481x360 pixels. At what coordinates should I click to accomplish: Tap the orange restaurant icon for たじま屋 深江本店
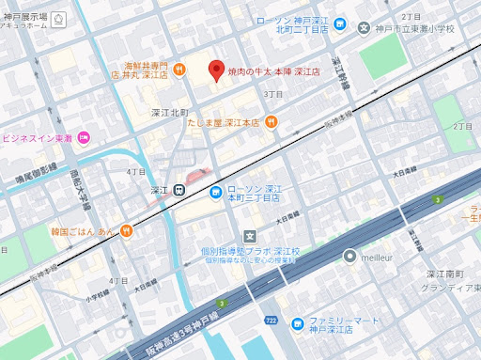[271, 121]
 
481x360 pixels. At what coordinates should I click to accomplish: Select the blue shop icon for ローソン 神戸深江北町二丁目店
[340, 24]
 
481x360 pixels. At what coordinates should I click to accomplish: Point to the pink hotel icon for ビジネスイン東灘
[84, 138]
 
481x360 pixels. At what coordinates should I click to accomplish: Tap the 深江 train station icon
[178, 189]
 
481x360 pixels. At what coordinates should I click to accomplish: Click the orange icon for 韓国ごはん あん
[127, 231]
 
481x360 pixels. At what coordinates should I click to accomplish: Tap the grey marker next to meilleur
[349, 256]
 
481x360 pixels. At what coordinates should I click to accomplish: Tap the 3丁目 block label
[273, 94]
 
